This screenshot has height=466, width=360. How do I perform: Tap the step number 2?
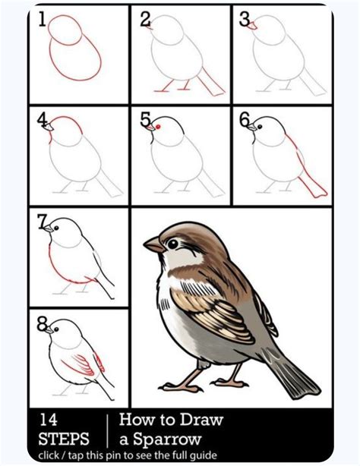click(145, 20)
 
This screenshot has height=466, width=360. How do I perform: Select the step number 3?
click(245, 20)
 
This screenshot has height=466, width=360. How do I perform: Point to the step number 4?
click(43, 119)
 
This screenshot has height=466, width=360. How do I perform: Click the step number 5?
click(145, 119)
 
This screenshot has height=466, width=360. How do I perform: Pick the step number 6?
click(245, 120)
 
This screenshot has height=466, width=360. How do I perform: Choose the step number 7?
click(43, 221)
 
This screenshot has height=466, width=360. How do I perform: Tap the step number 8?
click(43, 323)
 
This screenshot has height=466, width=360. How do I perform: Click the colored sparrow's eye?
click(173, 243)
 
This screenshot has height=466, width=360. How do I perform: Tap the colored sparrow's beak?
click(153, 245)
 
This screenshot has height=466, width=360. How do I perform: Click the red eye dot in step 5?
click(156, 129)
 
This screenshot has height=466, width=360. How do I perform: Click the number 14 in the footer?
click(49, 420)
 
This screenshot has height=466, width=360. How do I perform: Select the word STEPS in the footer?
click(62, 439)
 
